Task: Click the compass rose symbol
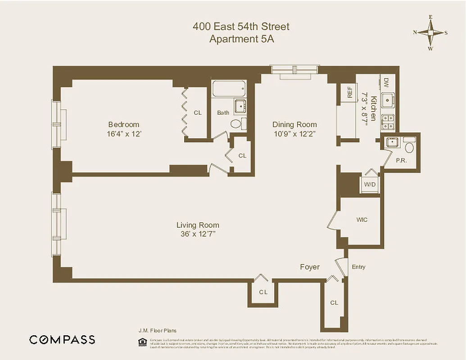click(430, 33)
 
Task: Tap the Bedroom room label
click(123, 125)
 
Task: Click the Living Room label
click(198, 225)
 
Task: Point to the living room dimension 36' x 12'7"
click(198, 234)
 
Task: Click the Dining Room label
click(294, 125)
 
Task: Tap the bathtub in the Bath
click(229, 89)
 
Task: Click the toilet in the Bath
click(236, 124)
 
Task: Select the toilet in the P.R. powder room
click(409, 147)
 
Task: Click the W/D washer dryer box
click(370, 184)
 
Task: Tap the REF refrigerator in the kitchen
click(349, 92)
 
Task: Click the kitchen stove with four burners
click(388, 122)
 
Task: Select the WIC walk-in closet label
click(362, 220)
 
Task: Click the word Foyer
click(310, 267)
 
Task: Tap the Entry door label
click(358, 267)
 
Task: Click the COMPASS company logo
click(62, 340)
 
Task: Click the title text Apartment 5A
click(241, 39)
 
